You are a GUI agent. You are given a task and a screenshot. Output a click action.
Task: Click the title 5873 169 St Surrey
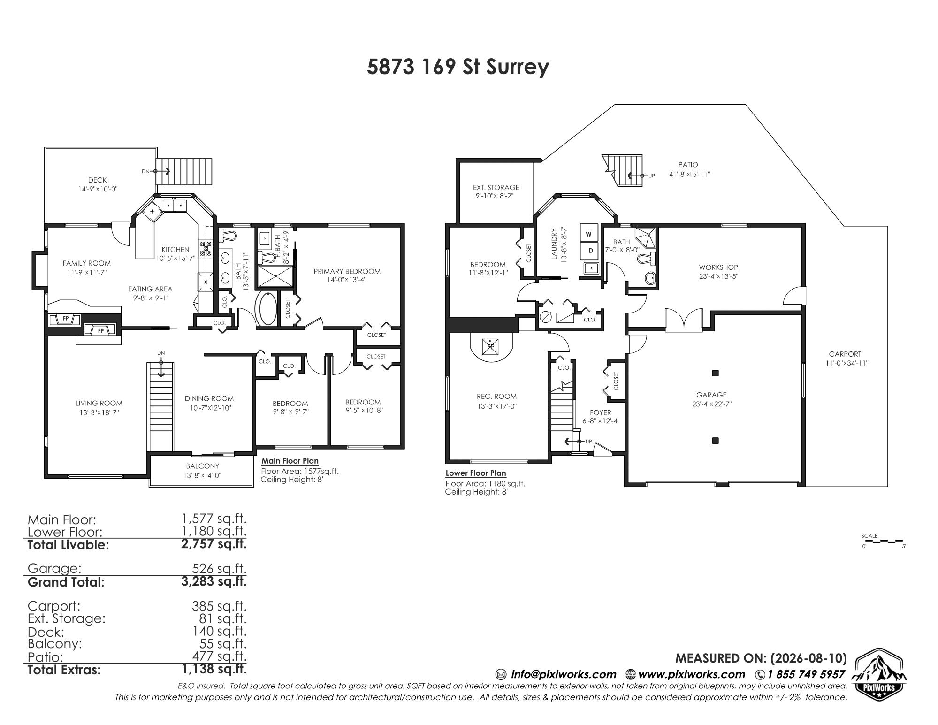458,67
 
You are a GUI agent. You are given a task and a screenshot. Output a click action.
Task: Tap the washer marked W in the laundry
590,233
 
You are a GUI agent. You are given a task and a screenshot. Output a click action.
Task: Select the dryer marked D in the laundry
590,251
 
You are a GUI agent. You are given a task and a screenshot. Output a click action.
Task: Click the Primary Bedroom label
347,271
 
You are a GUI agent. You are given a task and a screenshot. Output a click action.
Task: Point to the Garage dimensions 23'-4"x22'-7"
711,404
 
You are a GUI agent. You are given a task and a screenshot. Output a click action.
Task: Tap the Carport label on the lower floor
845,354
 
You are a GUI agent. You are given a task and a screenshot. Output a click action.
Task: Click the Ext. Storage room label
496,187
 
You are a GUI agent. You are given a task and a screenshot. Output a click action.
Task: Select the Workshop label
718,267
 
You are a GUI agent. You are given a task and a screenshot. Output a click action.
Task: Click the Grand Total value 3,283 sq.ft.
214,581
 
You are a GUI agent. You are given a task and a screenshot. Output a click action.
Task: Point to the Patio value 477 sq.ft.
219,656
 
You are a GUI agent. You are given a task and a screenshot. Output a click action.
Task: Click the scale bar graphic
884,541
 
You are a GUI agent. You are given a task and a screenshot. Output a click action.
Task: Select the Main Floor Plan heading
290,461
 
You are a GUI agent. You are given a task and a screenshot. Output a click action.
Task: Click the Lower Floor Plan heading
476,473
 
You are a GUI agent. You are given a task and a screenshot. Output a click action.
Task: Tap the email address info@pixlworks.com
564,674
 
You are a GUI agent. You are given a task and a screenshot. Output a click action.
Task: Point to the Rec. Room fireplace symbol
491,347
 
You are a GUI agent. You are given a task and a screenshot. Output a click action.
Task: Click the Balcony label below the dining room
202,466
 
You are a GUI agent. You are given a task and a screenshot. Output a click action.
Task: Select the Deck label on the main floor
97,180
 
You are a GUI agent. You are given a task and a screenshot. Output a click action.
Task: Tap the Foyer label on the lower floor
601,413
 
